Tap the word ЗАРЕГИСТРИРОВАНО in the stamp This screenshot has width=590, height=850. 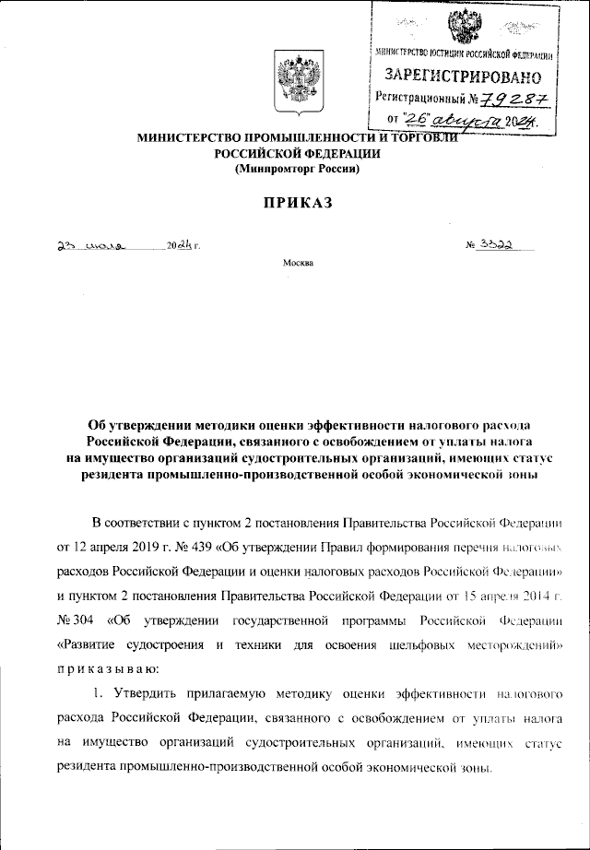[x=463, y=75]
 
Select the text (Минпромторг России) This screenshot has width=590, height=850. [x=295, y=170]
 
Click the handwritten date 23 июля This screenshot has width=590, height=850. [x=87, y=246]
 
